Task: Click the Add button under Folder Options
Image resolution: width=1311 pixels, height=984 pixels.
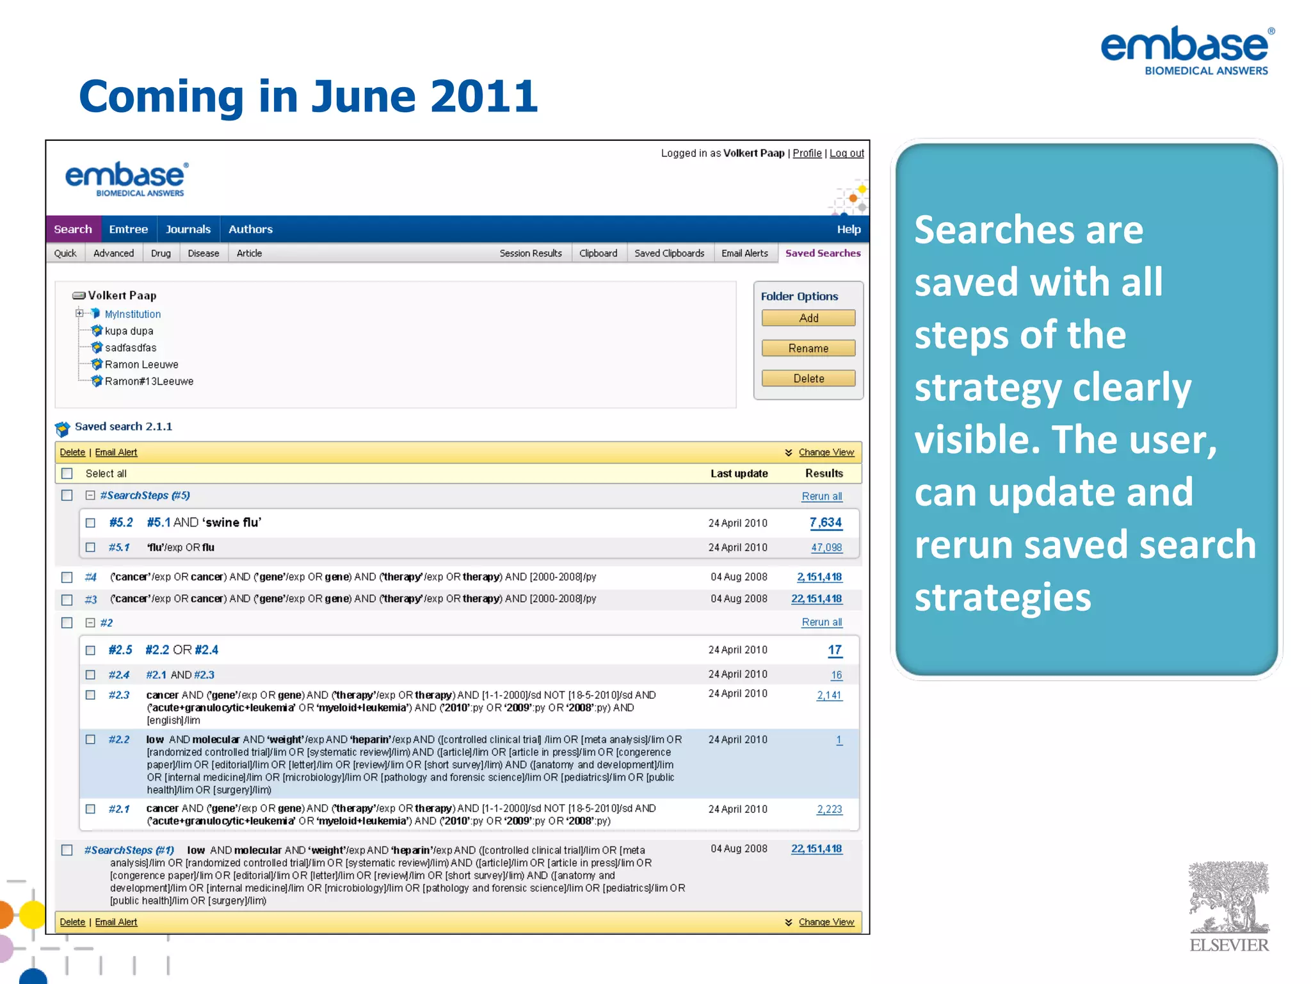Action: point(808,318)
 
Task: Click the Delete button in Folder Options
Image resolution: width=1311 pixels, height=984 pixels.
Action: point(808,379)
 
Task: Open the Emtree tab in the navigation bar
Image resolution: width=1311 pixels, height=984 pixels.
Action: point(128,229)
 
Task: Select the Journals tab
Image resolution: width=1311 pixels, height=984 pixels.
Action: point(188,229)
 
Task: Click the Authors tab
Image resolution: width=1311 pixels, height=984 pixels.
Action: point(250,229)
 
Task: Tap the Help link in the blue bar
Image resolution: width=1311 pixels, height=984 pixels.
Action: point(848,229)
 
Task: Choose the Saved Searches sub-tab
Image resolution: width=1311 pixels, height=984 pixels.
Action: point(823,253)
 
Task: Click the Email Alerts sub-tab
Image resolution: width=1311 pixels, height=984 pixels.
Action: point(744,253)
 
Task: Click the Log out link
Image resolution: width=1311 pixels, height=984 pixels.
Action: point(846,153)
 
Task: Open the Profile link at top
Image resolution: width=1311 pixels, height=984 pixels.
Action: point(807,153)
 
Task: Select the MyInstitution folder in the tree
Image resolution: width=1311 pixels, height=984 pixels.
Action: point(133,314)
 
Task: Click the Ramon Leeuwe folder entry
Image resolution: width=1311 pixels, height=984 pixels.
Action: point(141,365)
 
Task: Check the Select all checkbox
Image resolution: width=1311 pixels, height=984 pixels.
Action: point(67,473)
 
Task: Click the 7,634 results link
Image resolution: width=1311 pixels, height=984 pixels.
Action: point(825,523)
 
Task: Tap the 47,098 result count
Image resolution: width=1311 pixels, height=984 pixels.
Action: point(826,548)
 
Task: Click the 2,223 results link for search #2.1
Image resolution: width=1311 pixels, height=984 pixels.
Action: point(829,809)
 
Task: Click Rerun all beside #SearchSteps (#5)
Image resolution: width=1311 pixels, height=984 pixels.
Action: point(821,496)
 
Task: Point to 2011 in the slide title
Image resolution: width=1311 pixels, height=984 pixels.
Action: point(484,96)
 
